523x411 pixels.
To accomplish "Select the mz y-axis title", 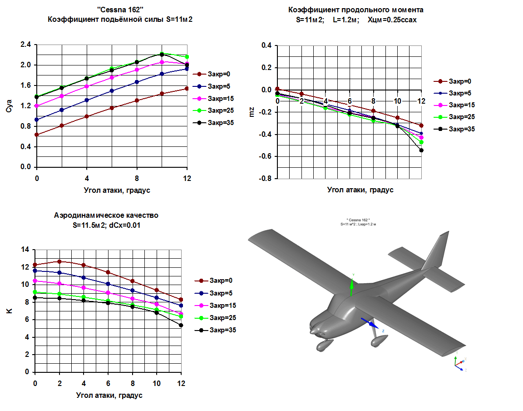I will (x=252, y=112).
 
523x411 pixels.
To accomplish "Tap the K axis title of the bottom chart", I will (x=10, y=311).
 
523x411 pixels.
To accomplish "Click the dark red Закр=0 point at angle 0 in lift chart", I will (x=37, y=135).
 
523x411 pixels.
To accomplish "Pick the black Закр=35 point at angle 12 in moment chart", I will (x=421, y=150).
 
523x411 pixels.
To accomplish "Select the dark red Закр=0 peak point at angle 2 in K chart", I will (x=59, y=261).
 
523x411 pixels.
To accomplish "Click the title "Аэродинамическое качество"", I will (x=106, y=216).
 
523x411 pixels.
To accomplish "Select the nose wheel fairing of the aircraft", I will (x=324, y=345).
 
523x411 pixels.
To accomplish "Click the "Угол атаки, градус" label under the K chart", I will (x=109, y=395).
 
